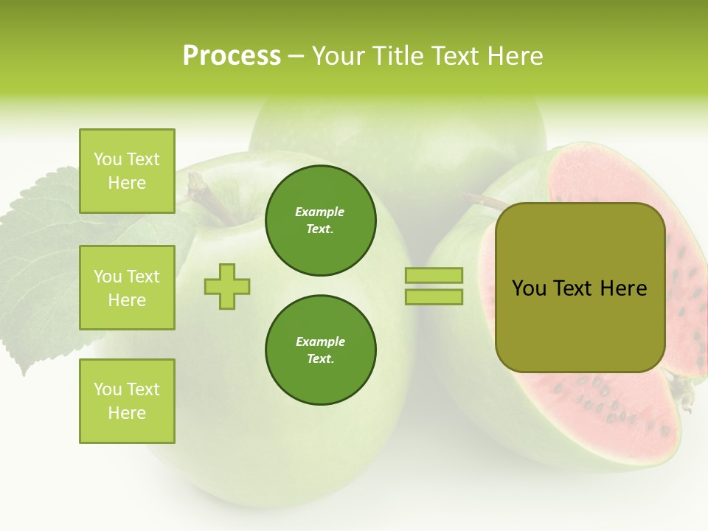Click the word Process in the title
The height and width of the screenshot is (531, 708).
click(x=232, y=56)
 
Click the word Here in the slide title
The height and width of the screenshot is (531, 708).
click(x=513, y=56)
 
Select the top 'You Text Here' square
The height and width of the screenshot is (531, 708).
click(x=127, y=171)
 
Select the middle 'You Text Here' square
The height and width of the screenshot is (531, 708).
click(x=127, y=288)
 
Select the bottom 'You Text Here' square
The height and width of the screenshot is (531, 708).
click(x=127, y=400)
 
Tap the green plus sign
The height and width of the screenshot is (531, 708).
click(x=227, y=286)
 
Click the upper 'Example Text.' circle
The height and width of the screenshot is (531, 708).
click(x=320, y=221)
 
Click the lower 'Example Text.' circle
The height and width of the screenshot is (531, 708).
click(x=320, y=350)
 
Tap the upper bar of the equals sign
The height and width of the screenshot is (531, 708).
click(x=434, y=276)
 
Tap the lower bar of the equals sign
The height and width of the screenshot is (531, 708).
click(x=434, y=296)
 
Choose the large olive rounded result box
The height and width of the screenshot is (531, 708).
click(x=580, y=288)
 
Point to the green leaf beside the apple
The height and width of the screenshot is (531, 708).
click(x=44, y=265)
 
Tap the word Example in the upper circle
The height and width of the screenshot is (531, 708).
click(x=320, y=212)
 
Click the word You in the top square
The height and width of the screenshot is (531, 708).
click(x=108, y=159)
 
